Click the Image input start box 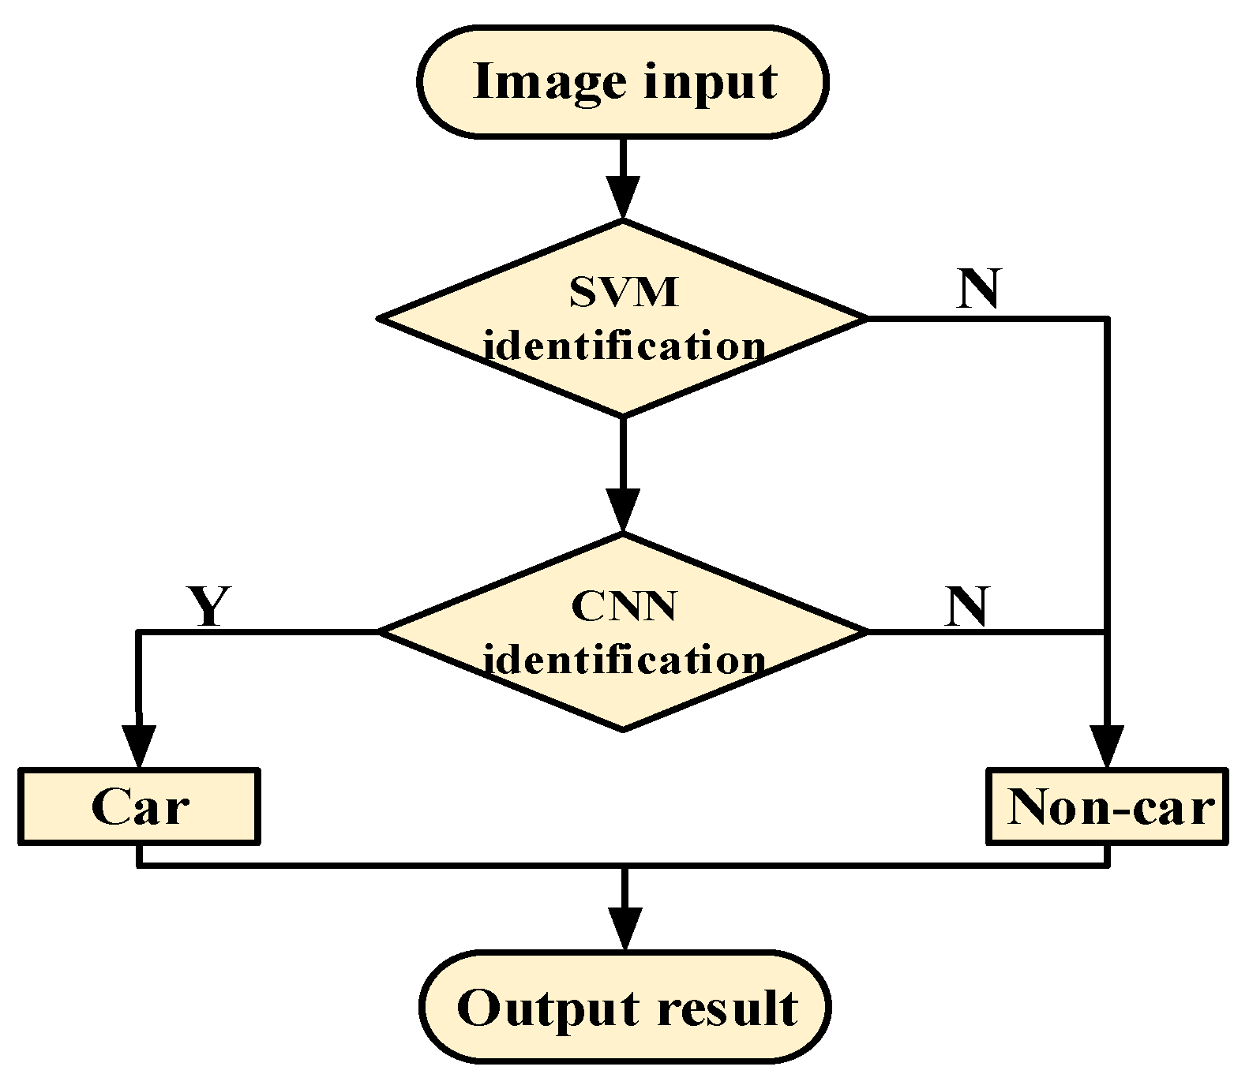pyautogui.click(x=623, y=81)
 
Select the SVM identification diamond pyautogui.click(x=623, y=318)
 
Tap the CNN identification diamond pyautogui.click(x=623, y=631)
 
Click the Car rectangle pyautogui.click(x=139, y=807)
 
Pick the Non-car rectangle pyautogui.click(x=1108, y=807)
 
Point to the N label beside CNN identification pyautogui.click(x=967, y=606)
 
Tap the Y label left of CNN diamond pyautogui.click(x=208, y=606)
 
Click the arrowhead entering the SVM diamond pyautogui.click(x=623, y=200)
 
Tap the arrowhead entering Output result pyautogui.click(x=624, y=931)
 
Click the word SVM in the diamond pyautogui.click(x=623, y=293)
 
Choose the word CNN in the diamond pyautogui.click(x=623, y=607)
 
